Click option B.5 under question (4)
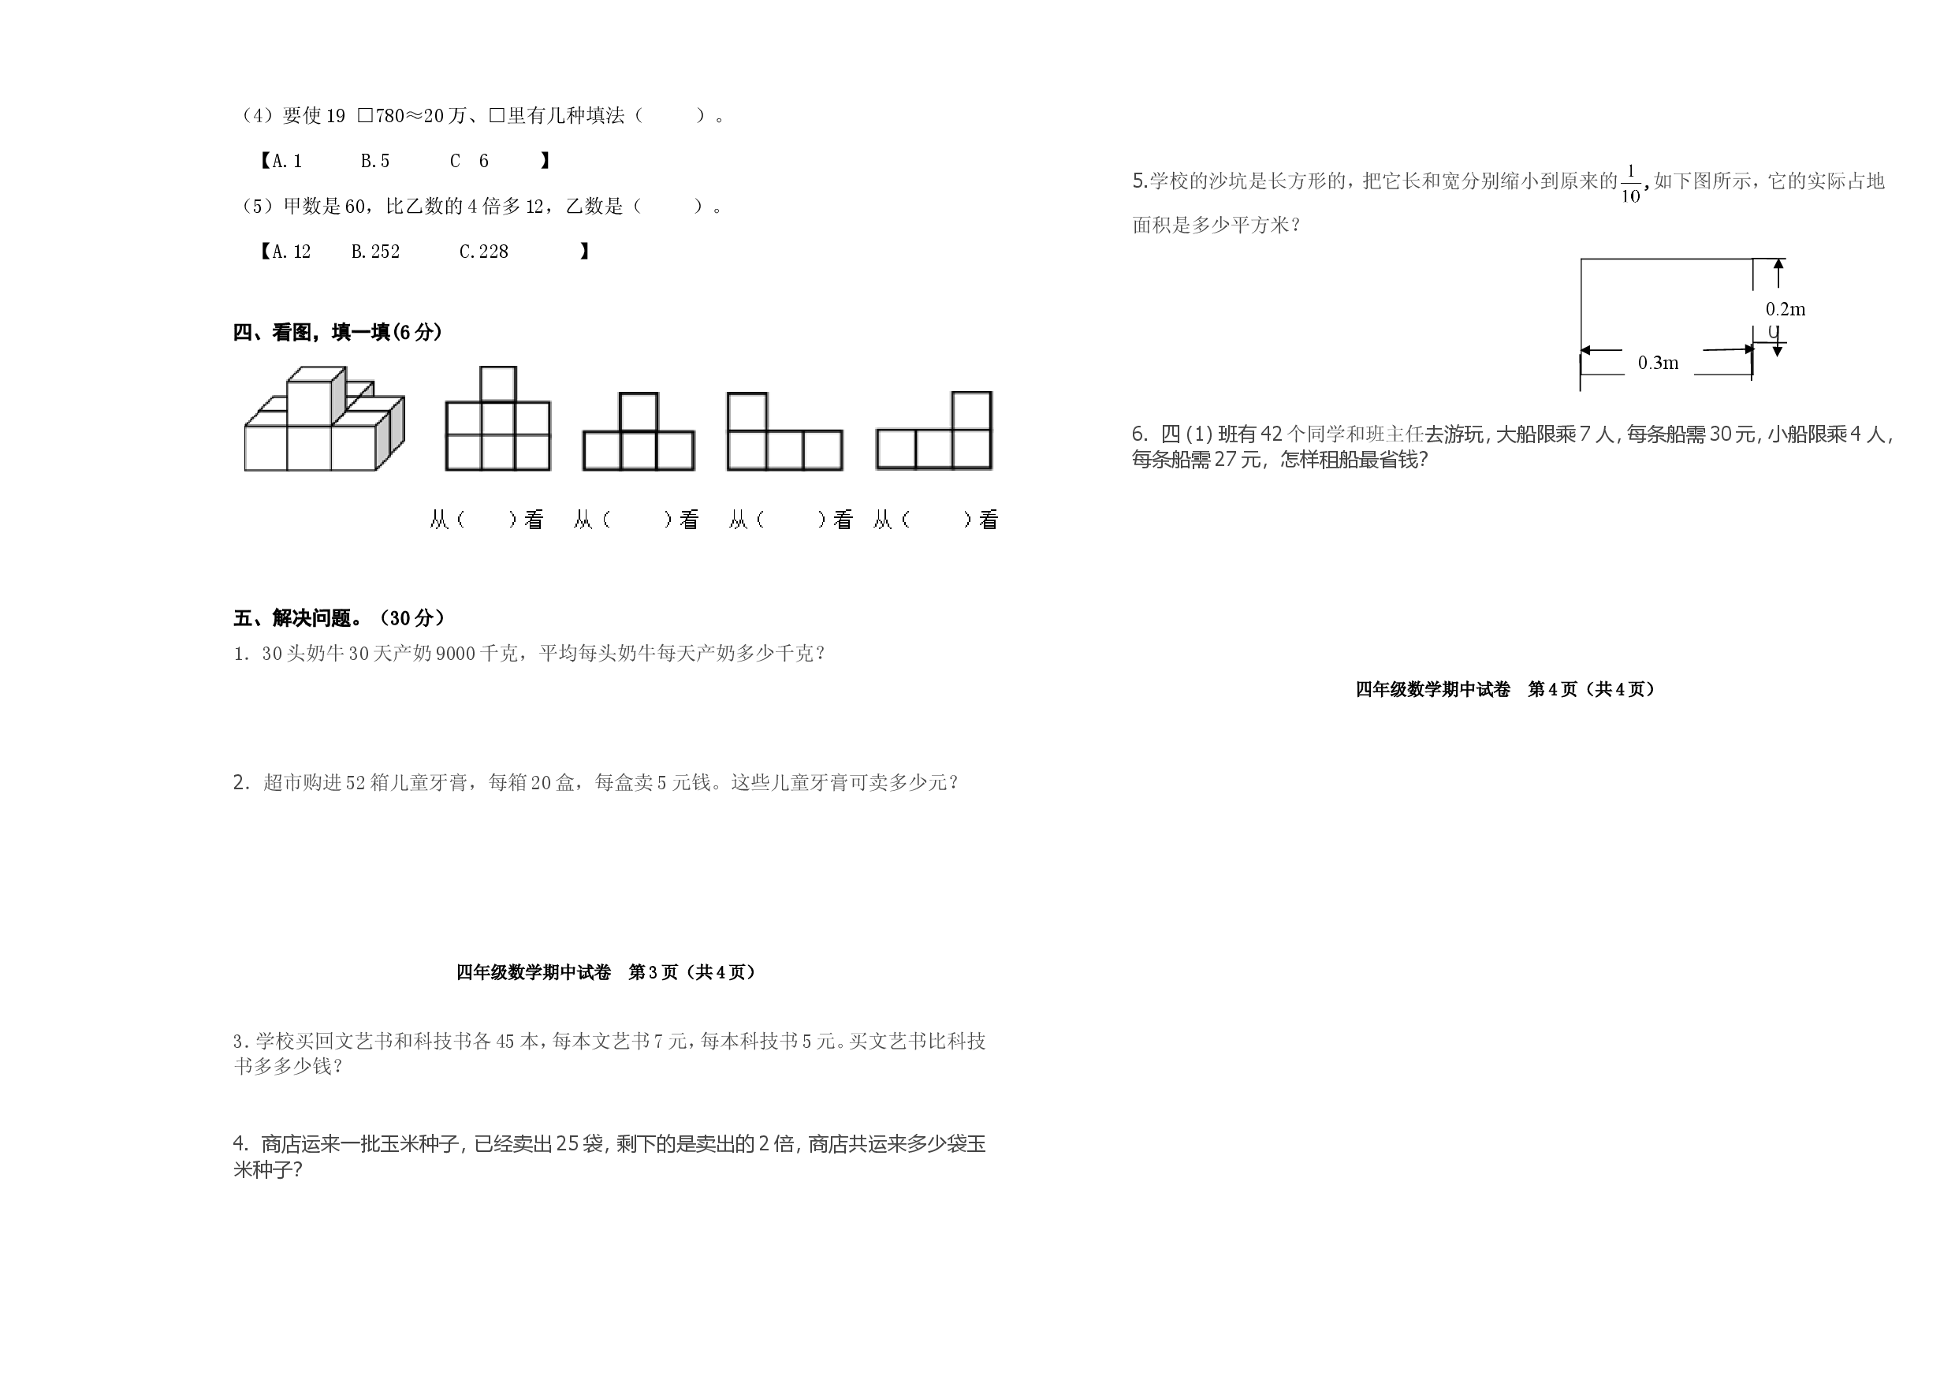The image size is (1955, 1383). (x=374, y=161)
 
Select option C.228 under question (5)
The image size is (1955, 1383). (x=484, y=252)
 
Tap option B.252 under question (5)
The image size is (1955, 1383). (x=375, y=252)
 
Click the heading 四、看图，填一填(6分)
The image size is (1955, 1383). (x=338, y=332)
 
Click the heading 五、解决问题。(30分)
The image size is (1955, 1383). (x=339, y=617)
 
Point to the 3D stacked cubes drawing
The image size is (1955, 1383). (x=325, y=418)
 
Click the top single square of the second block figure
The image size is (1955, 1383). (x=498, y=384)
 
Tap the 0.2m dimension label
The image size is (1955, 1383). (x=1786, y=309)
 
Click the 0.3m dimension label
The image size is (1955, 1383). (x=1659, y=363)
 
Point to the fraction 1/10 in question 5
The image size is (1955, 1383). (x=1630, y=183)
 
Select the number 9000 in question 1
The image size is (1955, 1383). (x=456, y=654)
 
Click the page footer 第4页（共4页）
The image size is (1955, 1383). (x=1592, y=689)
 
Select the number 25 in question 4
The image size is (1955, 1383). (x=568, y=1144)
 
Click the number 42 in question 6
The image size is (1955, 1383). (x=1272, y=434)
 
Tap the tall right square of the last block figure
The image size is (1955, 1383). (x=971, y=412)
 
